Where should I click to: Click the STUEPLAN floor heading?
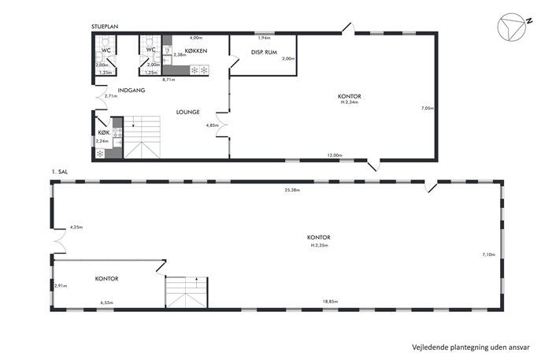(x=105, y=27)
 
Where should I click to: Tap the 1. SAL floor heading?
(x=59, y=172)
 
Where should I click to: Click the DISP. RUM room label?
(x=264, y=52)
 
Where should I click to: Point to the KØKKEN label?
(x=196, y=50)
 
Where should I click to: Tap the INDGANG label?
(x=132, y=91)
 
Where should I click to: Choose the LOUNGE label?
(x=187, y=112)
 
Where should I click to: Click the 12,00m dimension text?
(x=335, y=155)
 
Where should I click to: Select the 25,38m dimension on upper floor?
(x=292, y=190)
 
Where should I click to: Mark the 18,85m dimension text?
(x=330, y=302)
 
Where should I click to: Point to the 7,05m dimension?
(x=427, y=108)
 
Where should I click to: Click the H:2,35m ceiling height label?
(x=319, y=246)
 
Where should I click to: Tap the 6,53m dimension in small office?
(x=107, y=302)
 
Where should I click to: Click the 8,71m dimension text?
(x=169, y=80)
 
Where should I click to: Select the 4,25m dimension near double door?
(x=76, y=227)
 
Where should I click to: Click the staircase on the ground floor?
(x=142, y=137)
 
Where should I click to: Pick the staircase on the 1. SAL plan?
(x=187, y=292)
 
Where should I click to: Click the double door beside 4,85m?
(x=223, y=124)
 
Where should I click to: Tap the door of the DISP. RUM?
(x=235, y=61)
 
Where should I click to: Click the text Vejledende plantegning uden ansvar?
(x=471, y=347)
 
